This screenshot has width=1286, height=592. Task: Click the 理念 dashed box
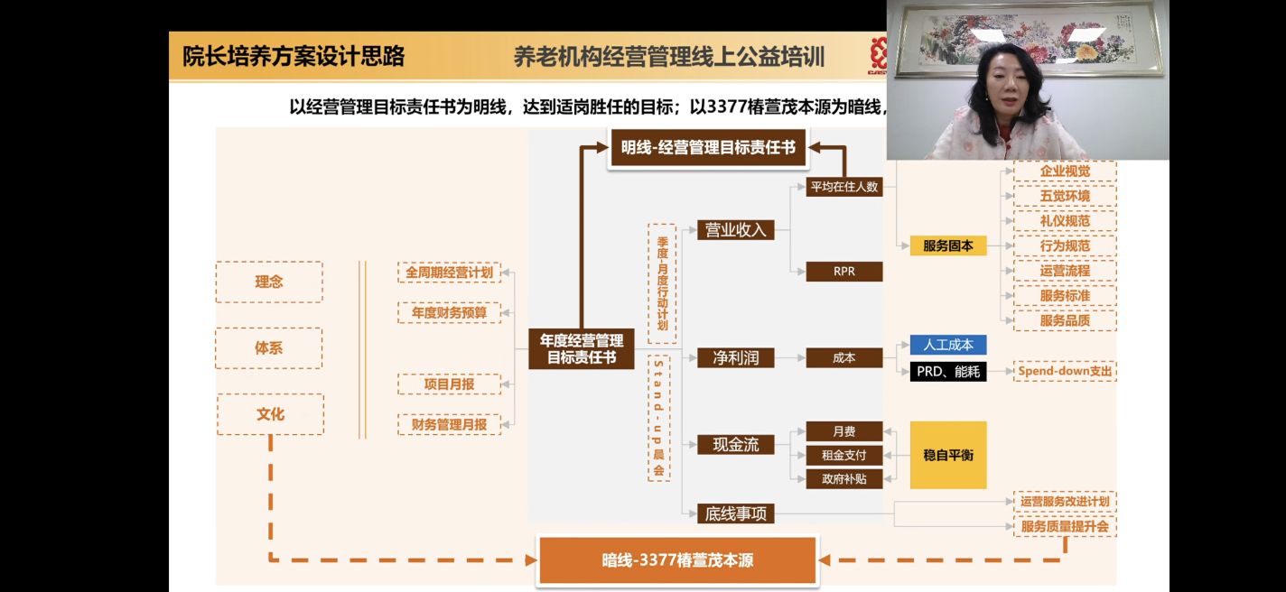click(x=269, y=282)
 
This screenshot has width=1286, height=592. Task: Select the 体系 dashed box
click(x=269, y=348)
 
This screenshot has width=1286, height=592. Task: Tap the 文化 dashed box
click(x=269, y=414)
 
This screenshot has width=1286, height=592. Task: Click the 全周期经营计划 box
click(x=449, y=273)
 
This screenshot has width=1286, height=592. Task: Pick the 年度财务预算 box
click(x=449, y=313)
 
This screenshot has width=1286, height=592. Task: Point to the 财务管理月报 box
click(x=449, y=424)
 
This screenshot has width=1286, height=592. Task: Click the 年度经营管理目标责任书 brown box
click(x=582, y=348)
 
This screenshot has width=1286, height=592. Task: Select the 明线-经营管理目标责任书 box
click(x=708, y=147)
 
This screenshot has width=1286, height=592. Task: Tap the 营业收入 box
click(x=735, y=230)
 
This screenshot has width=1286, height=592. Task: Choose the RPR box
click(x=843, y=271)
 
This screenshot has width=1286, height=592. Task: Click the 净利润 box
click(x=735, y=358)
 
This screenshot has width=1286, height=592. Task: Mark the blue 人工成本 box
click(x=948, y=345)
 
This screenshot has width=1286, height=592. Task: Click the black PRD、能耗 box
click(x=948, y=371)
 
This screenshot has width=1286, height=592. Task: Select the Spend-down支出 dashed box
click(x=1065, y=371)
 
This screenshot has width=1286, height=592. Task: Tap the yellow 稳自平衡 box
click(x=948, y=456)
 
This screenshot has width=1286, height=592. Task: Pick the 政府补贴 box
click(x=843, y=479)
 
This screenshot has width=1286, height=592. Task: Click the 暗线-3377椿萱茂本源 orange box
click(x=677, y=560)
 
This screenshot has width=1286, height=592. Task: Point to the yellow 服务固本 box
click(x=948, y=245)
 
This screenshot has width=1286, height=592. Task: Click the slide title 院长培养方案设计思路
click(x=294, y=57)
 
